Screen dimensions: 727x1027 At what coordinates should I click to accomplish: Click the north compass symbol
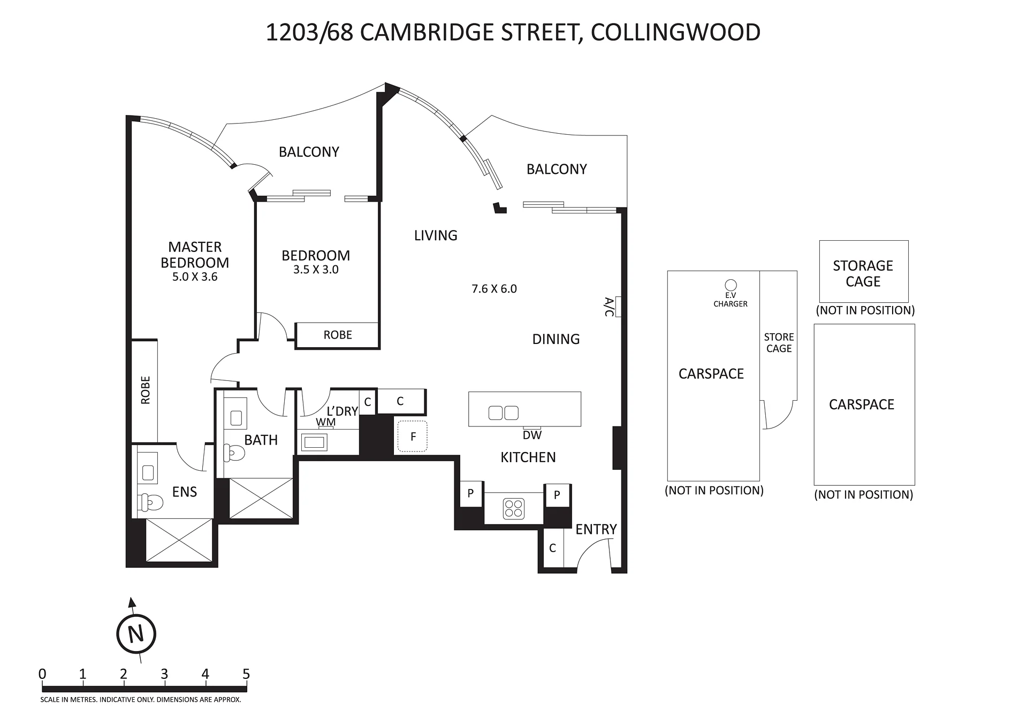point(136,634)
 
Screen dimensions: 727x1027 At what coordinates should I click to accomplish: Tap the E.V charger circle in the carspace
point(731,286)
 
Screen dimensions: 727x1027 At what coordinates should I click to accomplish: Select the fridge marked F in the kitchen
point(413,436)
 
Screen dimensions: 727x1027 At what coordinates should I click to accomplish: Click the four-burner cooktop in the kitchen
point(514,509)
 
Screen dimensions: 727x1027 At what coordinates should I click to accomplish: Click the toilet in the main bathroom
point(234,453)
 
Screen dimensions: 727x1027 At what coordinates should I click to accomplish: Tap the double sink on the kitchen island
point(504,413)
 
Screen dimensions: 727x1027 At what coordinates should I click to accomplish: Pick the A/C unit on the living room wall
point(618,307)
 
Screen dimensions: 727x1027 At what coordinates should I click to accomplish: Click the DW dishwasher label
point(532,435)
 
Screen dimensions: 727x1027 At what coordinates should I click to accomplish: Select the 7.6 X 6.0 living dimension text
point(494,289)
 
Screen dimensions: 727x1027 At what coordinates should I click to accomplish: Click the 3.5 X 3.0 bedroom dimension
point(316,270)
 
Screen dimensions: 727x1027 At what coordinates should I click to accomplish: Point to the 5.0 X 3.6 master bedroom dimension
point(195,277)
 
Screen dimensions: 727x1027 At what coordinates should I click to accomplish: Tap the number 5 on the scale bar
point(246,674)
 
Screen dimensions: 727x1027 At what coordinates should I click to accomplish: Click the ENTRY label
point(596,529)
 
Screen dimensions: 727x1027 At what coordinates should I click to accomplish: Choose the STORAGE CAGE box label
point(863,273)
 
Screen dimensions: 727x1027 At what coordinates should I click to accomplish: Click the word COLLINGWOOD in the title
point(675,32)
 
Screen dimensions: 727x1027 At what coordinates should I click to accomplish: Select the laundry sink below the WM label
point(314,442)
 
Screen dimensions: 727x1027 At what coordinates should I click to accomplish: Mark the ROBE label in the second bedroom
point(338,335)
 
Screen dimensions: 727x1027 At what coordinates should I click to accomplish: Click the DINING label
point(556,339)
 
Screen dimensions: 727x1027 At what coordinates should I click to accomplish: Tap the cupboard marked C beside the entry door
point(552,548)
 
